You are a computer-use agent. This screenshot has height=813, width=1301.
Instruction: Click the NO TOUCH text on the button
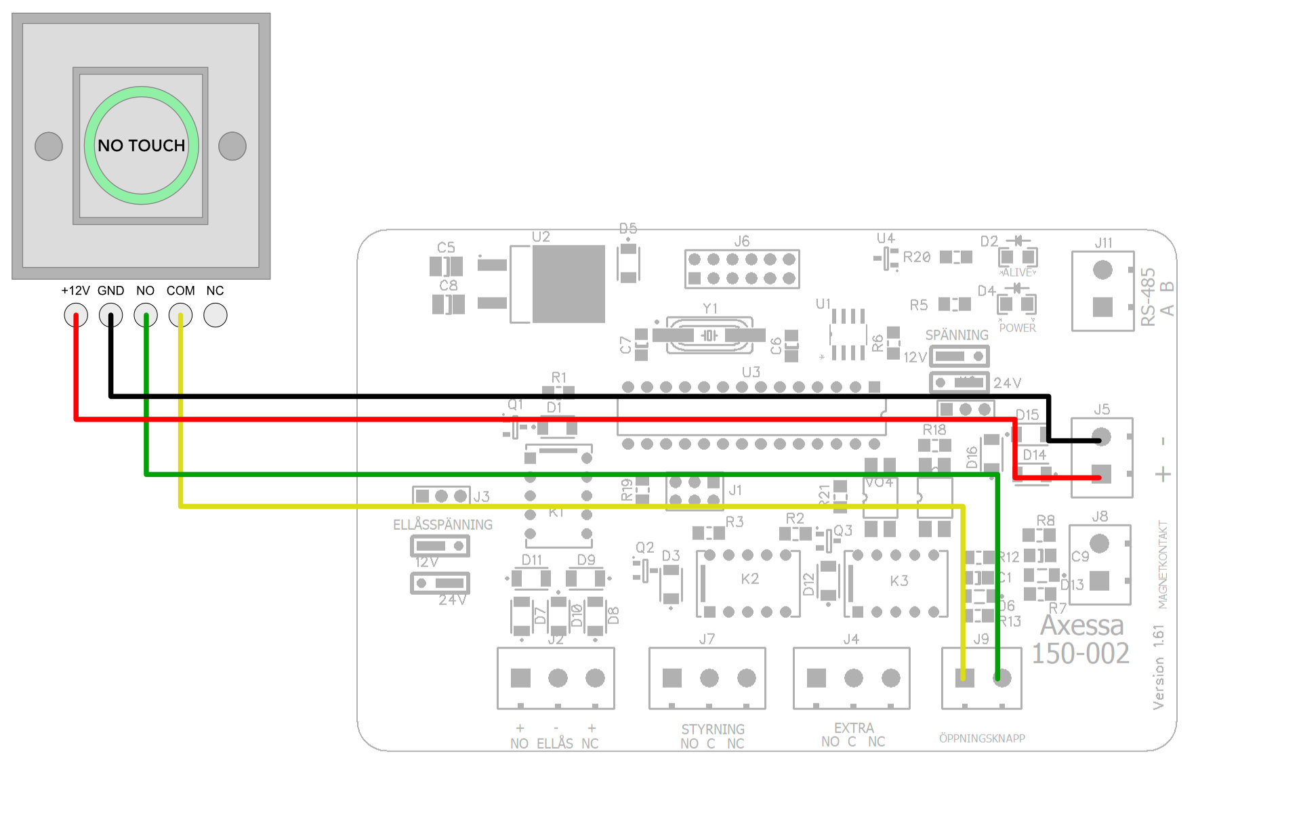(141, 146)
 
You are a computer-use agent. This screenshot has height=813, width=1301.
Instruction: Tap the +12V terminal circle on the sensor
(76, 315)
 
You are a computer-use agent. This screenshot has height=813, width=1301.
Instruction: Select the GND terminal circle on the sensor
(110, 315)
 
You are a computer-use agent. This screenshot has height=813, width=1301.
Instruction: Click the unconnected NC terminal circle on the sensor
(215, 315)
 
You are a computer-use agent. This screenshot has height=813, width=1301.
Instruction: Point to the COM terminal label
(180, 291)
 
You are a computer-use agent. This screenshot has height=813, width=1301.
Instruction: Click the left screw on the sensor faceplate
(49, 146)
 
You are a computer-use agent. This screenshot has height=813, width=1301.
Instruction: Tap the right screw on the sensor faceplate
(232, 146)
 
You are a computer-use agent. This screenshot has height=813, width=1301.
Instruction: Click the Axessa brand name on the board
(1081, 625)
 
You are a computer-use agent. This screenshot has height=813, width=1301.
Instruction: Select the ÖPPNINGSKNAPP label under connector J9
(982, 738)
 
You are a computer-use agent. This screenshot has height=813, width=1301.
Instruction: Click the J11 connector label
(1103, 243)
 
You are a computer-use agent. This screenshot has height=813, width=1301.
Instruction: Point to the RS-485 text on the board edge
(1148, 297)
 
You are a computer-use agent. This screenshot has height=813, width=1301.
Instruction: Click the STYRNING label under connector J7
(713, 729)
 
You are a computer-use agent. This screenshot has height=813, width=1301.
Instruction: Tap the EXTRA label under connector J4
(854, 728)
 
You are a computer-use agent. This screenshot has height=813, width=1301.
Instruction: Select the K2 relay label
(749, 579)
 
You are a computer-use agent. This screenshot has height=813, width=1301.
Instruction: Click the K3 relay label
(899, 581)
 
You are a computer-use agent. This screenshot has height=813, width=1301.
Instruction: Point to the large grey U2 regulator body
(568, 284)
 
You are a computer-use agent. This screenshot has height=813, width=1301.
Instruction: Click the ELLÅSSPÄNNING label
(442, 524)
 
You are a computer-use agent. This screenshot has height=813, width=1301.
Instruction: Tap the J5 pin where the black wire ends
(1102, 438)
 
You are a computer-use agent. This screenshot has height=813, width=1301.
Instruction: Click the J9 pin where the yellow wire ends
(964, 677)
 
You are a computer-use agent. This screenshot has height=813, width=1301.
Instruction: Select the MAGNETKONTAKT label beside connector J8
(1163, 564)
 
